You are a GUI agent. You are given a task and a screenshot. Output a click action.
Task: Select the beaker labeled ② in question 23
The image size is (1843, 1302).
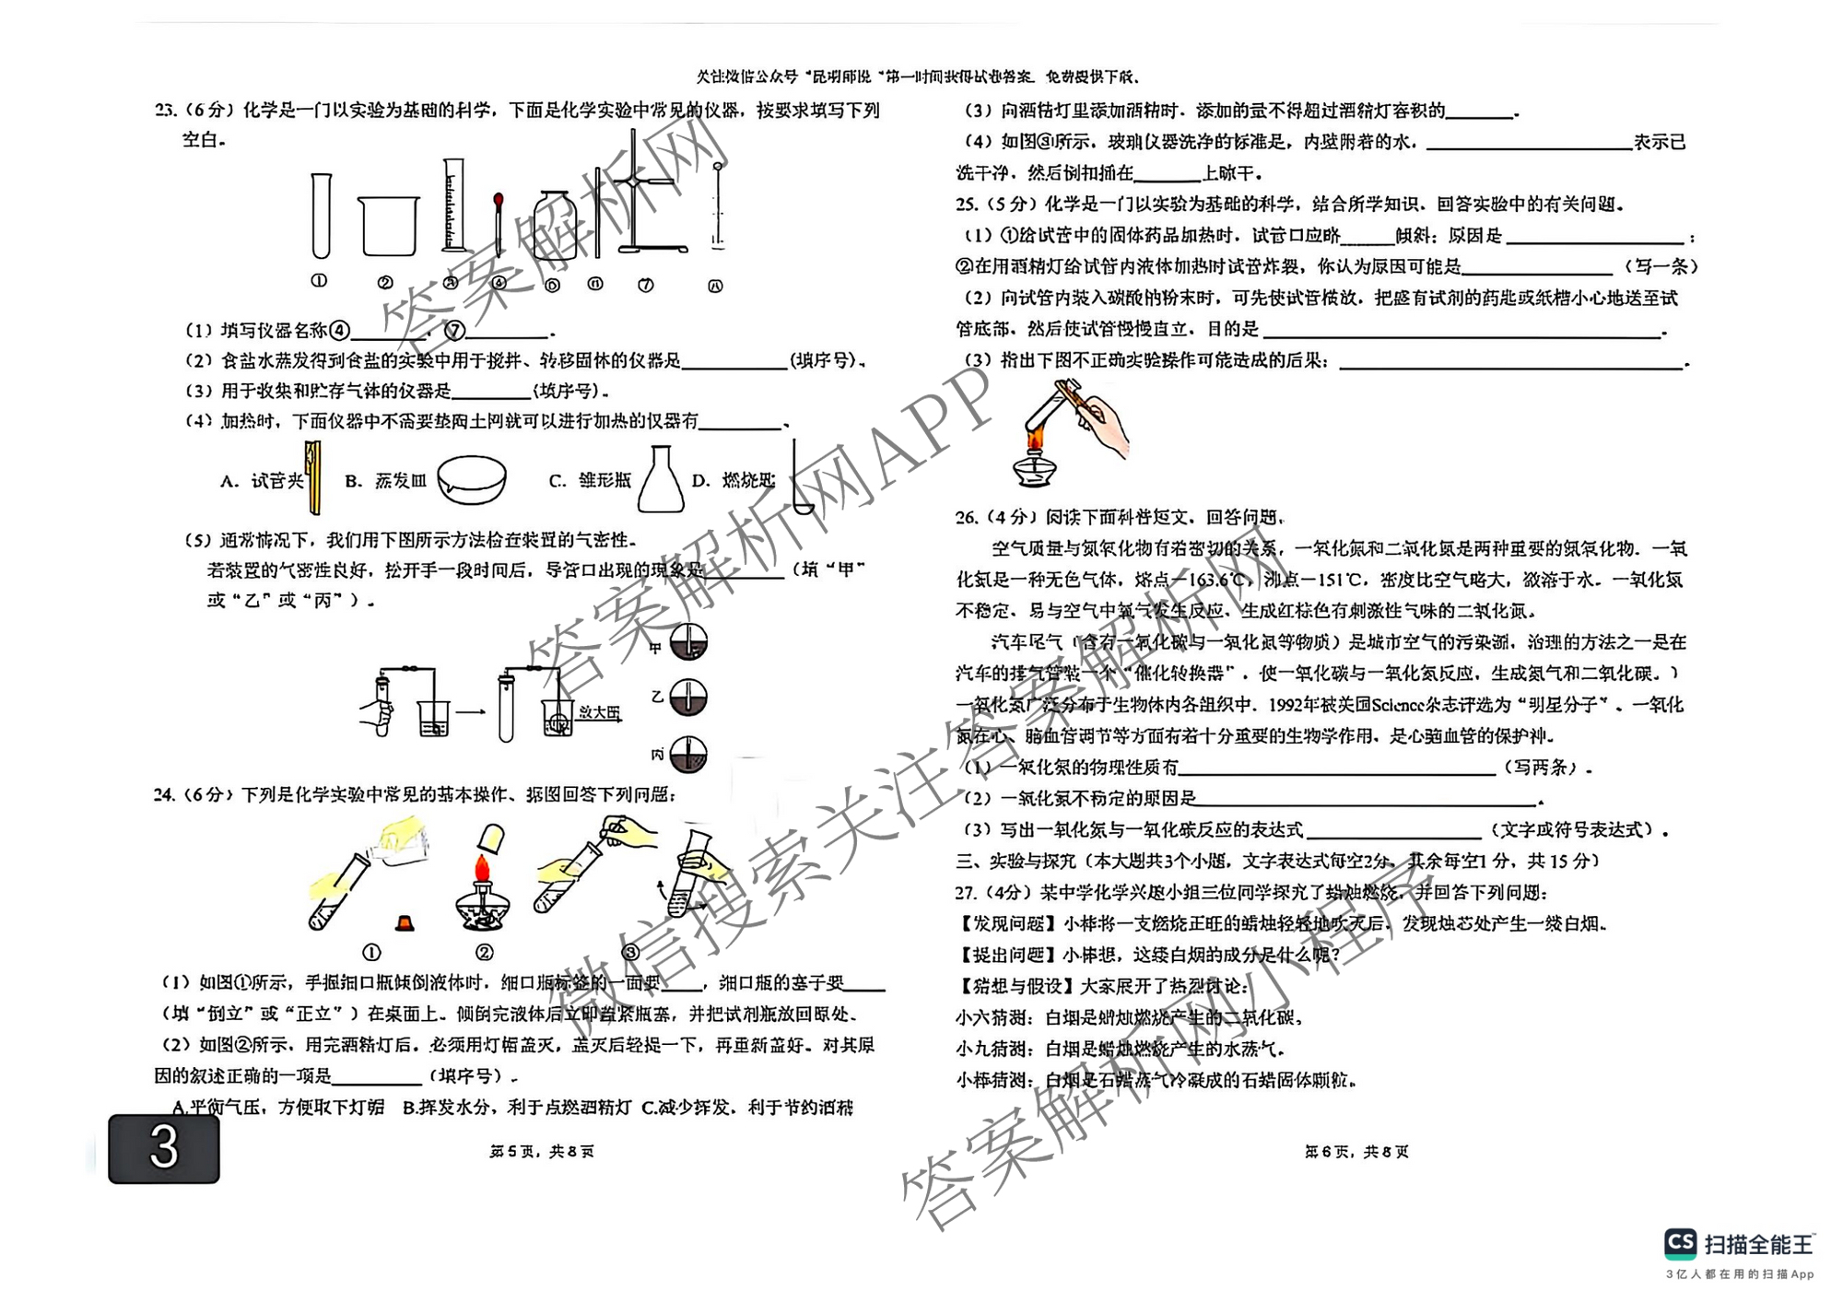click(388, 227)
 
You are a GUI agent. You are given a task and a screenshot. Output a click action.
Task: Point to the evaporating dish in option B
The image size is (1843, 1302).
click(472, 479)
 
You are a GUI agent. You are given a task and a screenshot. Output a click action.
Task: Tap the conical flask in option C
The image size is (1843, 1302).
click(661, 480)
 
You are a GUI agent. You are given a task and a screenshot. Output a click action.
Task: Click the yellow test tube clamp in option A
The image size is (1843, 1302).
click(313, 476)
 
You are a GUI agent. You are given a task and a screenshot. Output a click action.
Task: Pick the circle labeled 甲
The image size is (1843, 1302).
click(687, 642)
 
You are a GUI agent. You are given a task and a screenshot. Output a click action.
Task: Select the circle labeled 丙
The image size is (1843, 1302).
click(687, 755)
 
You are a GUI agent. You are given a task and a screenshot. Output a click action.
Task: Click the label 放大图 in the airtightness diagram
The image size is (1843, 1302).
click(599, 712)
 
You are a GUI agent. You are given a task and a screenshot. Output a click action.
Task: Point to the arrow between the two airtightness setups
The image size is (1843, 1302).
click(470, 711)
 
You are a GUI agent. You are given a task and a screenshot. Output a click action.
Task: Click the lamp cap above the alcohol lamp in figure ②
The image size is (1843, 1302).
click(491, 837)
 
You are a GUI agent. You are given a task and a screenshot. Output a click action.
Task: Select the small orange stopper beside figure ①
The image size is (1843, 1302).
click(404, 921)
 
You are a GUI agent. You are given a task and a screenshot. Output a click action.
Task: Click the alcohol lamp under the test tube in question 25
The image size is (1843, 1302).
click(1035, 465)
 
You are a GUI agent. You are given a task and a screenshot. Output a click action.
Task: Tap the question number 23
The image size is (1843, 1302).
click(166, 111)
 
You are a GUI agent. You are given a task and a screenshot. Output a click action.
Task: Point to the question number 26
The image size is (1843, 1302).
click(967, 518)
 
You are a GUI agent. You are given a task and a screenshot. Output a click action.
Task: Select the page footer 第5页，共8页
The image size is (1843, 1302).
click(542, 1152)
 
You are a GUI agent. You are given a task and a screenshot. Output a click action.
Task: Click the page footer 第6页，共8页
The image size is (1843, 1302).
click(1356, 1152)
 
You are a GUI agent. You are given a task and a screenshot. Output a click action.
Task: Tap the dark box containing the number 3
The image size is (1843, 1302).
click(164, 1149)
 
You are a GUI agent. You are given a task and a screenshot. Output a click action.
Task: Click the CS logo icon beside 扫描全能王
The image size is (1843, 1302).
click(1681, 1244)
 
